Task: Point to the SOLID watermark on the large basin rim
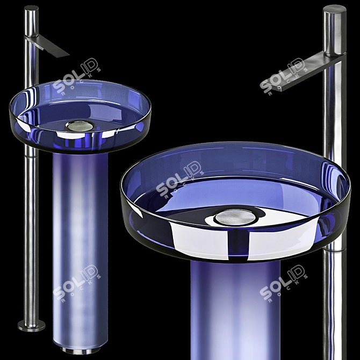click(180, 180)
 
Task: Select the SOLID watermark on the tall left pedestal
click(75, 283)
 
